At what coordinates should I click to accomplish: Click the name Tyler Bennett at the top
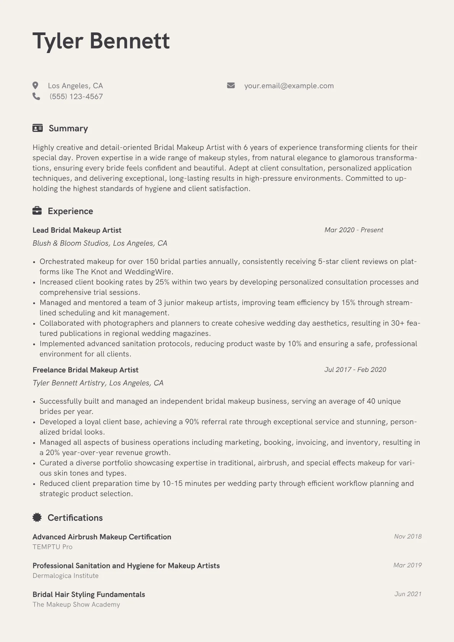pyautogui.click(x=101, y=41)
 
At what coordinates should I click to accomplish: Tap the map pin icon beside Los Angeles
pyautogui.click(x=35, y=85)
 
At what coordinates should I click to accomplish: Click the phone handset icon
pyautogui.click(x=36, y=96)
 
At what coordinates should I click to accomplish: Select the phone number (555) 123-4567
pyautogui.click(x=76, y=97)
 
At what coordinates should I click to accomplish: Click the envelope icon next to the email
pyautogui.click(x=231, y=85)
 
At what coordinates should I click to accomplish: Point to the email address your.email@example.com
pyautogui.click(x=289, y=86)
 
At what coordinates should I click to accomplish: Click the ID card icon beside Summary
pyautogui.click(x=37, y=128)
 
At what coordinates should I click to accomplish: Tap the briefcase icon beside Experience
pyautogui.click(x=37, y=211)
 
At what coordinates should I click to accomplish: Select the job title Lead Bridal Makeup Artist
pyautogui.click(x=77, y=230)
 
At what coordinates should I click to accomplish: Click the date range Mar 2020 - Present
pyautogui.click(x=354, y=230)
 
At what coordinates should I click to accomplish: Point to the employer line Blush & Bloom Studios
pyautogui.click(x=100, y=243)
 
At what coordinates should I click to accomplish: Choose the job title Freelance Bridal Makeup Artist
pyautogui.click(x=85, y=370)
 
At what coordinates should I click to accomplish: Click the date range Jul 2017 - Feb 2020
pyautogui.click(x=355, y=370)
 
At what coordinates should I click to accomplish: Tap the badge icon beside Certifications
pyautogui.click(x=37, y=517)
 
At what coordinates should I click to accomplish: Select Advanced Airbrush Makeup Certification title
pyautogui.click(x=102, y=537)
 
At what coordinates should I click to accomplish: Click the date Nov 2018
pyautogui.click(x=408, y=536)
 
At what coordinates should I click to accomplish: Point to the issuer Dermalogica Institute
pyautogui.click(x=66, y=576)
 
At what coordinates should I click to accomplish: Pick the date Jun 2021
pyautogui.click(x=408, y=594)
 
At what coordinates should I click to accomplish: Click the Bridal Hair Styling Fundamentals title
pyautogui.click(x=89, y=594)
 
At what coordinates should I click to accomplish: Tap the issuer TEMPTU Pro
pyautogui.click(x=52, y=547)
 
